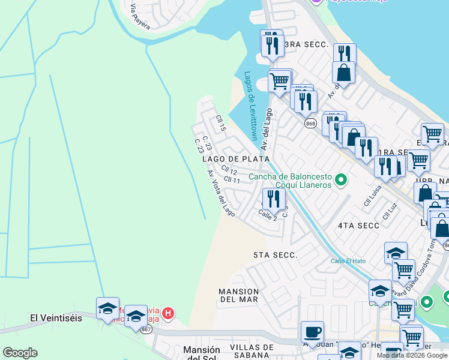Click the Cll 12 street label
(229, 172)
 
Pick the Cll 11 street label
(232, 180)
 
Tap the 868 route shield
(310, 124)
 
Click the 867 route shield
(146, 329)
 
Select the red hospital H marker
(169, 313)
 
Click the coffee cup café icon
(312, 332)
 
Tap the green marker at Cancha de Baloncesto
(342, 179)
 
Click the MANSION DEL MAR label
(238, 295)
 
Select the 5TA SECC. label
(275, 255)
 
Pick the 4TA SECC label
(358, 226)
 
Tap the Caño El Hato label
(348, 260)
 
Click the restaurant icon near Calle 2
(274, 199)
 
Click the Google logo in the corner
(20, 353)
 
